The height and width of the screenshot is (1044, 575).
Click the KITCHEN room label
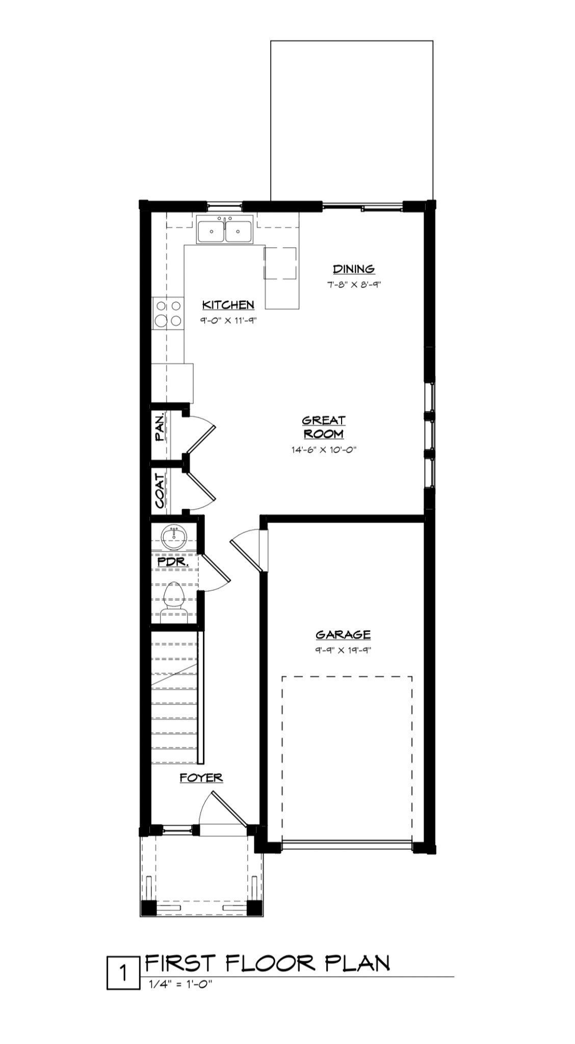(228, 305)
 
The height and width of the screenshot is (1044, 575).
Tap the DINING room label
(353, 269)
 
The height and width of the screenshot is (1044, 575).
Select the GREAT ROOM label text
(323, 427)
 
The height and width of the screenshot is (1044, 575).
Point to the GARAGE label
(343, 635)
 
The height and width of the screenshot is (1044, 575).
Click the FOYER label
(201, 778)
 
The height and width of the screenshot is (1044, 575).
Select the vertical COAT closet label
(160, 491)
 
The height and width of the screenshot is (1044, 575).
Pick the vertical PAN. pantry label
(160, 427)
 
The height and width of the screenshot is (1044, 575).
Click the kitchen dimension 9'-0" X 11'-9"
(227, 321)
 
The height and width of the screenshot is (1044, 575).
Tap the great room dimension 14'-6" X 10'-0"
(323, 450)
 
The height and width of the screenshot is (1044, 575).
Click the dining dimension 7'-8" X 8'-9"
(353, 284)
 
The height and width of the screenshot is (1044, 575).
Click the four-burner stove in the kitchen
(168, 313)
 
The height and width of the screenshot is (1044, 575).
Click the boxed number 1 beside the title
(123, 975)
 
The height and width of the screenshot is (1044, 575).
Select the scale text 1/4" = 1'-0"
(179, 985)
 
